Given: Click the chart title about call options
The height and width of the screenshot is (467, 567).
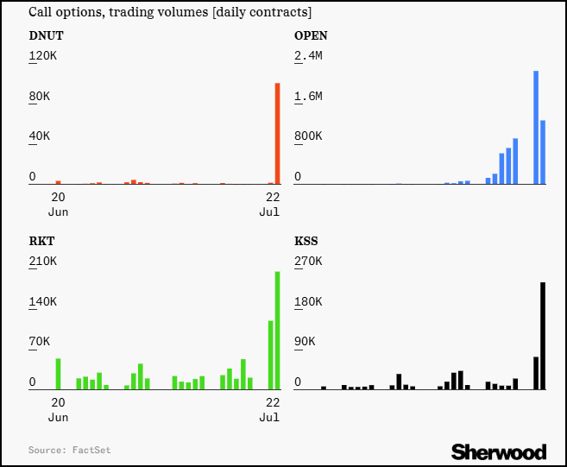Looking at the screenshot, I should pyautogui.click(x=170, y=13).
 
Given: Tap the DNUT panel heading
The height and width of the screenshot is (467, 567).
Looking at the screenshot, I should pyautogui.click(x=46, y=36).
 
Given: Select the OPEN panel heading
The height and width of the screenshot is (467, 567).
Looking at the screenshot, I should pyautogui.click(x=311, y=36).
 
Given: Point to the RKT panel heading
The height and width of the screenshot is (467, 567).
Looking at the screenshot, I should pyautogui.click(x=41, y=242).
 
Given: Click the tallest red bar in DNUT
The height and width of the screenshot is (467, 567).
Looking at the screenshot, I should pyautogui.click(x=278, y=134).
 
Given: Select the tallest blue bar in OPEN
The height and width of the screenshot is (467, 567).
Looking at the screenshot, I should pyautogui.click(x=536, y=128).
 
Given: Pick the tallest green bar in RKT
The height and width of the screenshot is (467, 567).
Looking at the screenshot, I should pyautogui.click(x=278, y=331).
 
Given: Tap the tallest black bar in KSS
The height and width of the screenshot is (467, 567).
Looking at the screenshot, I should pyautogui.click(x=543, y=336).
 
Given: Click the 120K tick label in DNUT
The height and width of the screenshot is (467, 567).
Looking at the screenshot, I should pyautogui.click(x=43, y=56).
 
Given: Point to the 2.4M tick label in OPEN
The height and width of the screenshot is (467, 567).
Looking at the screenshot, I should pyautogui.click(x=308, y=56).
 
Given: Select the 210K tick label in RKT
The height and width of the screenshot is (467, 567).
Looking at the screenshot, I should pyautogui.click(x=43, y=262).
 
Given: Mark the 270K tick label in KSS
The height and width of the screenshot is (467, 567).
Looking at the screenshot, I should pyautogui.click(x=308, y=262).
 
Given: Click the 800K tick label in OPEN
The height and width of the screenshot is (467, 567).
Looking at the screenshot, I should pyautogui.click(x=308, y=136).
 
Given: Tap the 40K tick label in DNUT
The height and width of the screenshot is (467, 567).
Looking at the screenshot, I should pyautogui.click(x=40, y=136).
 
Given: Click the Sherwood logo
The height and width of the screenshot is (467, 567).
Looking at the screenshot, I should pyautogui.click(x=499, y=451).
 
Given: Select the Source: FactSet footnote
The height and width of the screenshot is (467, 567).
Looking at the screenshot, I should pyautogui.click(x=69, y=450).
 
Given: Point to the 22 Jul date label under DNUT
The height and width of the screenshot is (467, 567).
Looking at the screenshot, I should pyautogui.click(x=269, y=204).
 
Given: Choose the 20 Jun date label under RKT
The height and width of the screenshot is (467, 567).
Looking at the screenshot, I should pyautogui.click(x=58, y=409).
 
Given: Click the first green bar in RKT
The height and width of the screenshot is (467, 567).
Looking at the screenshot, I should pyautogui.click(x=58, y=374).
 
